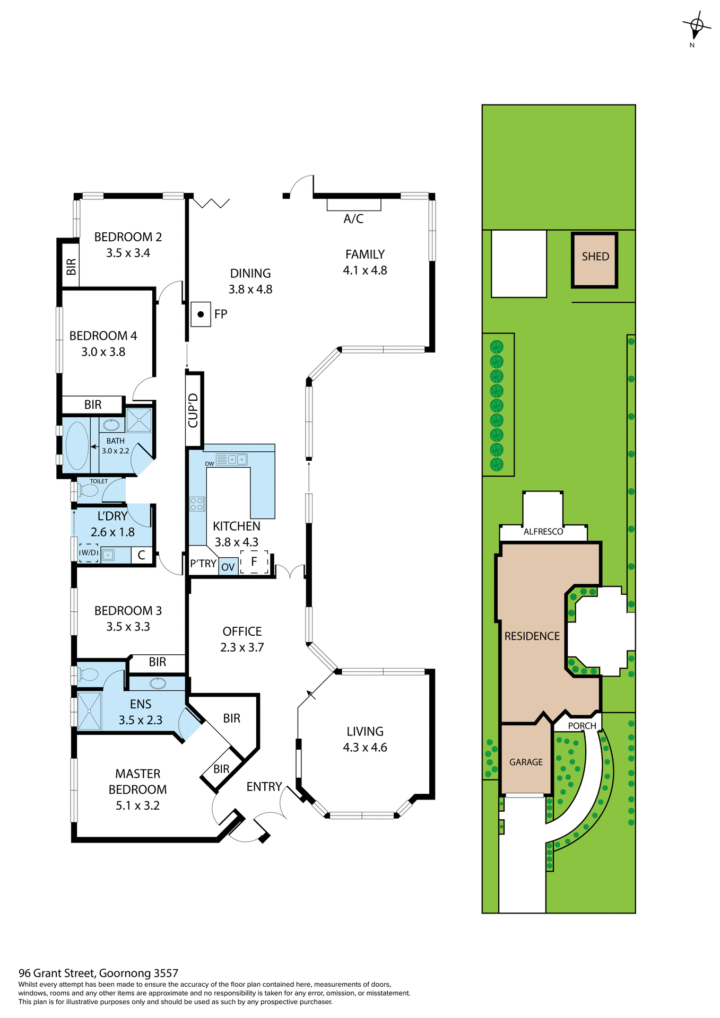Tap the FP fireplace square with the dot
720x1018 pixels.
coord(201,314)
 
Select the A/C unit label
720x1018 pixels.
coord(353,218)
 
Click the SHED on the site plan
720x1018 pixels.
coord(595,260)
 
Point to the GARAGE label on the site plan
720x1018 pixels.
coord(526,762)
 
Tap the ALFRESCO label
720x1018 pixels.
coord(543,531)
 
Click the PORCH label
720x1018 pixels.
coord(582,726)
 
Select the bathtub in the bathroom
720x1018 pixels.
coord(77,445)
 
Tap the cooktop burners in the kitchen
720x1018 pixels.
coord(197,504)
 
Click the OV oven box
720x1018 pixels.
coord(228,567)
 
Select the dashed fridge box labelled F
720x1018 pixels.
coord(254,561)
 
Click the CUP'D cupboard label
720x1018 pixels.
coord(193,410)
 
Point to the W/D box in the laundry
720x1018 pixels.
coord(89,553)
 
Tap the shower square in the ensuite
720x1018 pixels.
coord(89,710)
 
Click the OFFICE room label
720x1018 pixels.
coord(242,631)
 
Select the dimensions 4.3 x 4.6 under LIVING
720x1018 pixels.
coord(365,748)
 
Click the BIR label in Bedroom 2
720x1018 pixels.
coord(71,266)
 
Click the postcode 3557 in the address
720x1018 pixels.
coord(166,973)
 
